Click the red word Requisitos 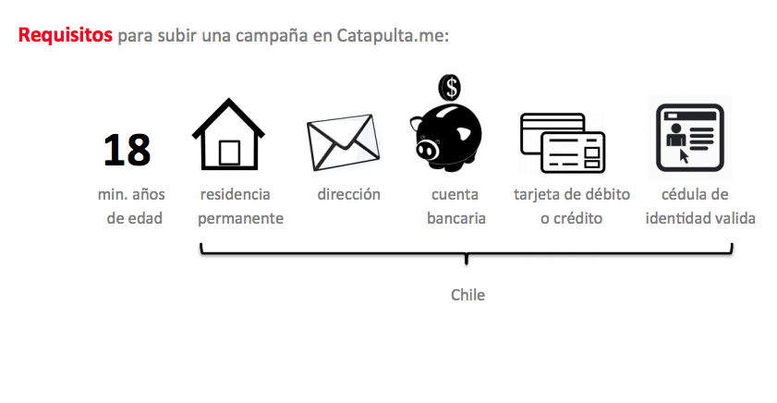pos(65,36)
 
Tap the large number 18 pos(127,149)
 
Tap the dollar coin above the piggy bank pos(450,87)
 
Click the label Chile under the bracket pos(467,295)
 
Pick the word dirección pos(348,195)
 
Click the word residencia pos(235,195)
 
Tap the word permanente pos(240,219)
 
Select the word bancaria pos(455,219)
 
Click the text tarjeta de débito pos(572,195)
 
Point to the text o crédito pos(572,219)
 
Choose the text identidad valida pos(701,219)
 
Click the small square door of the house pos(228,150)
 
